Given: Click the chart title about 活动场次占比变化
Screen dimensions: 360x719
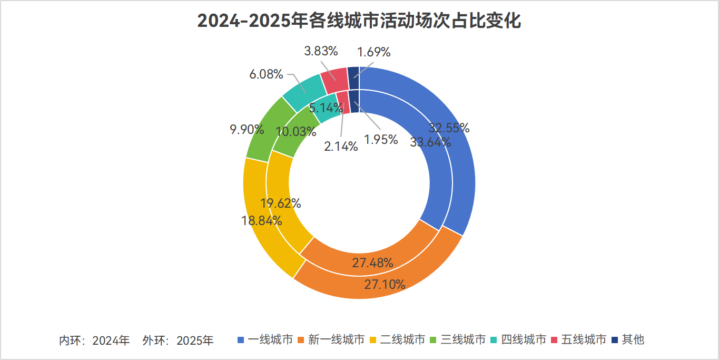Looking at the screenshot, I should pyautogui.click(x=359, y=22).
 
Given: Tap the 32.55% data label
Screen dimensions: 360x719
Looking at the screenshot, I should pyautogui.click(x=449, y=128).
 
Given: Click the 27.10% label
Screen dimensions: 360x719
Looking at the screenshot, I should pyautogui.click(x=385, y=285).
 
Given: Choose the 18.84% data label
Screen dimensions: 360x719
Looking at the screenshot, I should pyautogui.click(x=262, y=220).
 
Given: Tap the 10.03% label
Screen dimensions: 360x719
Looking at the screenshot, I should pyautogui.click(x=296, y=131).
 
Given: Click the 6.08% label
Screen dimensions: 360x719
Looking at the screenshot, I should pyautogui.click(x=267, y=74).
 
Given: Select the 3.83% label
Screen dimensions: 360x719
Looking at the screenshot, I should pyautogui.click(x=321, y=51).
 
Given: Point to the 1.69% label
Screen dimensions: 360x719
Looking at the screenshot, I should pyautogui.click(x=373, y=52).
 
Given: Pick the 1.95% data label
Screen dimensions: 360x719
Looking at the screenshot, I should pyautogui.click(x=380, y=140).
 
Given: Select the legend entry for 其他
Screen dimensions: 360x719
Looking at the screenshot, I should pyautogui.click(x=628, y=339).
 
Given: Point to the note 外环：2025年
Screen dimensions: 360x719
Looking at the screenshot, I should pyautogui.click(x=178, y=340).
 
